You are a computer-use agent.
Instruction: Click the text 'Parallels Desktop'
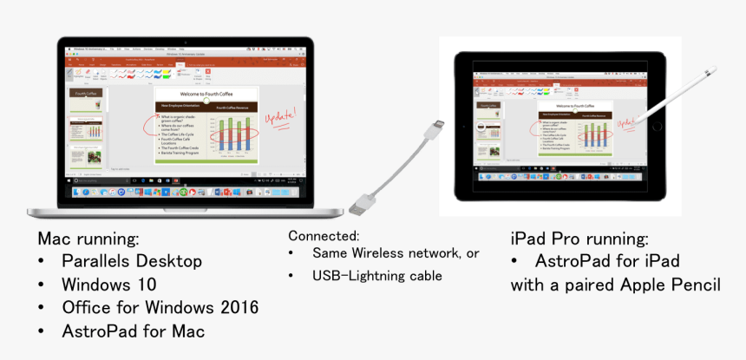(132, 261)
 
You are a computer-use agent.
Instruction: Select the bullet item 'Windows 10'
(108, 285)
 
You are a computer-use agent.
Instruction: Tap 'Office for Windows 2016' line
(160, 308)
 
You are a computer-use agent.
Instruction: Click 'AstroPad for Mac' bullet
(133, 331)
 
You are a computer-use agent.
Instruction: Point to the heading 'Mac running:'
(88, 238)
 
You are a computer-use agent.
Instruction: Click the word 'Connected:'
(324, 236)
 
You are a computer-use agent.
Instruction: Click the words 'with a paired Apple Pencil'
(615, 285)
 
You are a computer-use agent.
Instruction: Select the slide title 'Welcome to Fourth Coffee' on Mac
(205, 93)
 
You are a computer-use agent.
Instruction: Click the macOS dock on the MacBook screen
(186, 191)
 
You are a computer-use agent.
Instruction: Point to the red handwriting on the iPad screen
(625, 124)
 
